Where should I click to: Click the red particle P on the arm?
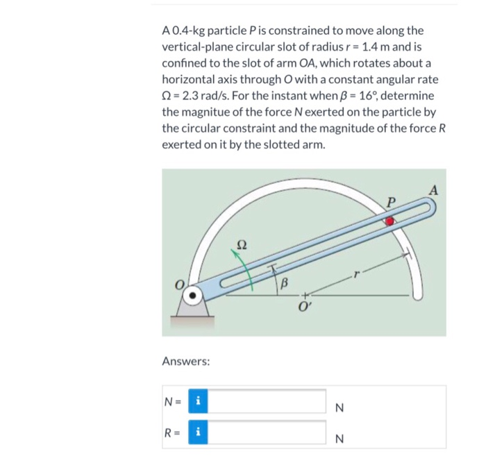click(390, 220)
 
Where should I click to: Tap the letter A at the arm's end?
click(434, 190)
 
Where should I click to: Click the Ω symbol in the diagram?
click(242, 244)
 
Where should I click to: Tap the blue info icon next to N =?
click(199, 400)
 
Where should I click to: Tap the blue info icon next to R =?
click(199, 431)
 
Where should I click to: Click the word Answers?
click(185, 361)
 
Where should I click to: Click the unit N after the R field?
click(340, 439)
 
